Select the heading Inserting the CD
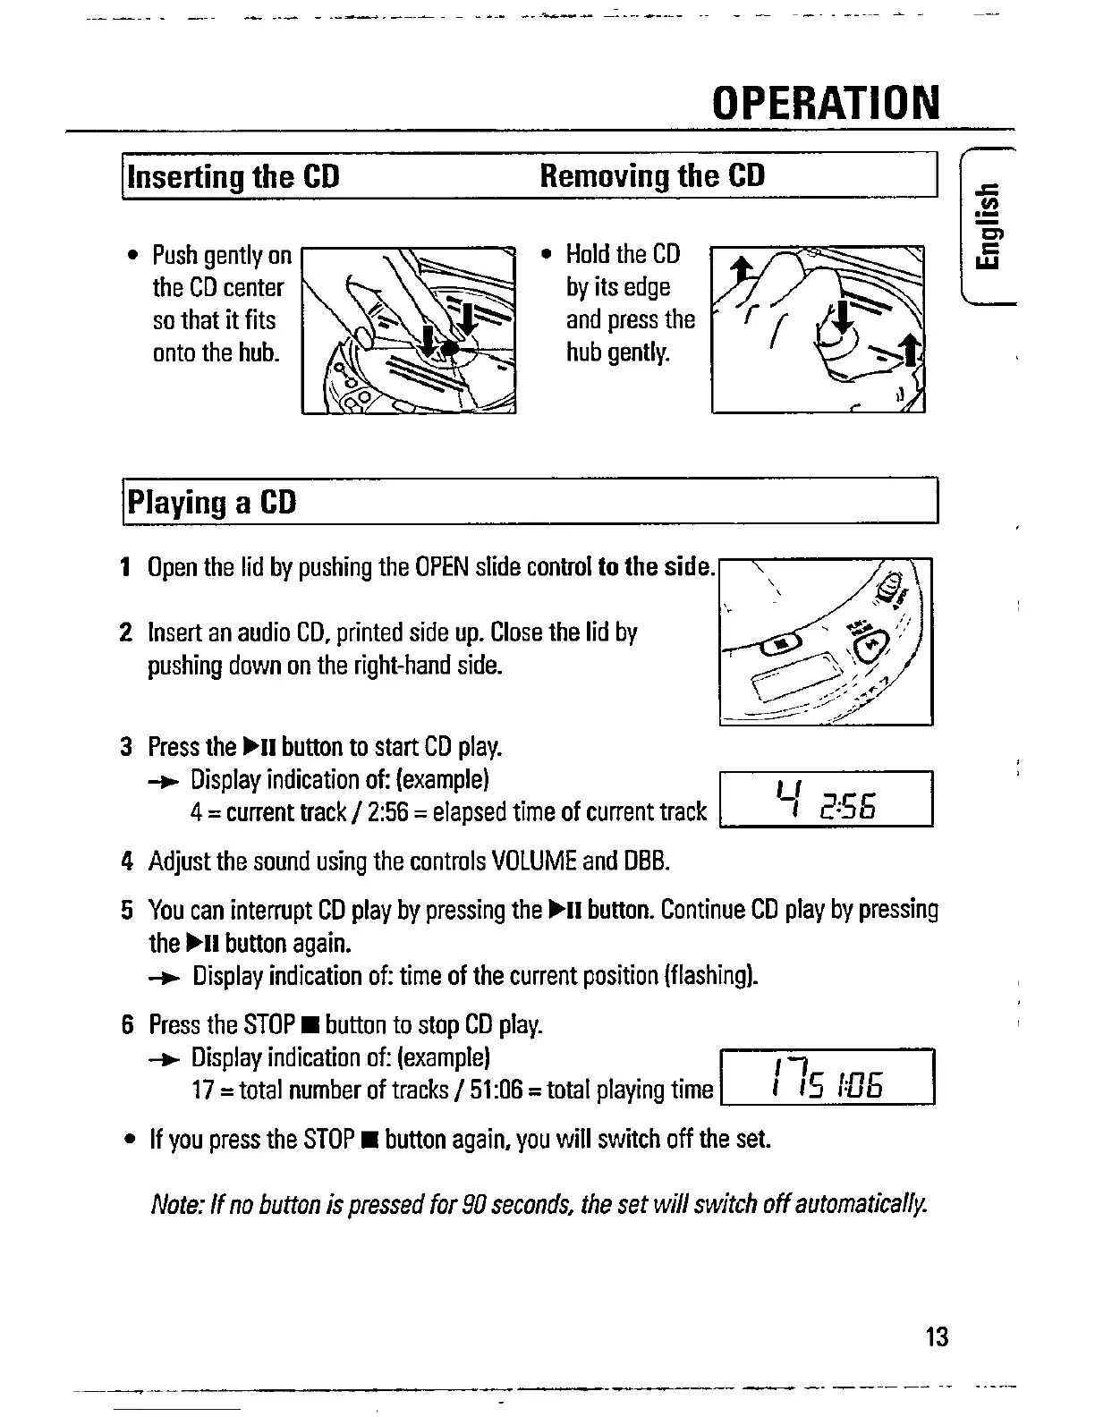[x=234, y=176]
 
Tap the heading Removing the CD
[x=652, y=175]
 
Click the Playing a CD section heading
[x=212, y=502]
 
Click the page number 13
[x=937, y=1337]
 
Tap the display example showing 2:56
[x=826, y=798]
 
